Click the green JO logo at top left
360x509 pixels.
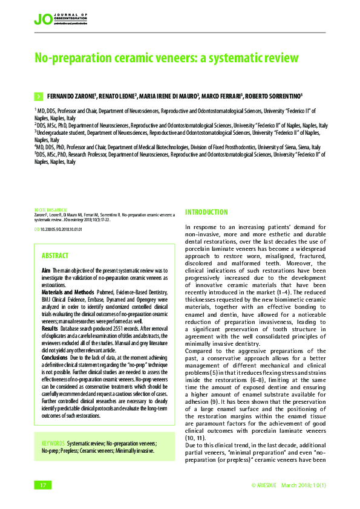[x=43, y=19]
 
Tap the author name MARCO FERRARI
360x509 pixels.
[x=222, y=96]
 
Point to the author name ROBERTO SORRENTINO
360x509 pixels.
[x=273, y=96]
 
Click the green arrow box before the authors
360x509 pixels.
[x=38, y=96]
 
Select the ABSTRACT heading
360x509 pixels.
[x=55, y=256]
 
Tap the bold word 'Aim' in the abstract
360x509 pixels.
[x=45, y=270]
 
